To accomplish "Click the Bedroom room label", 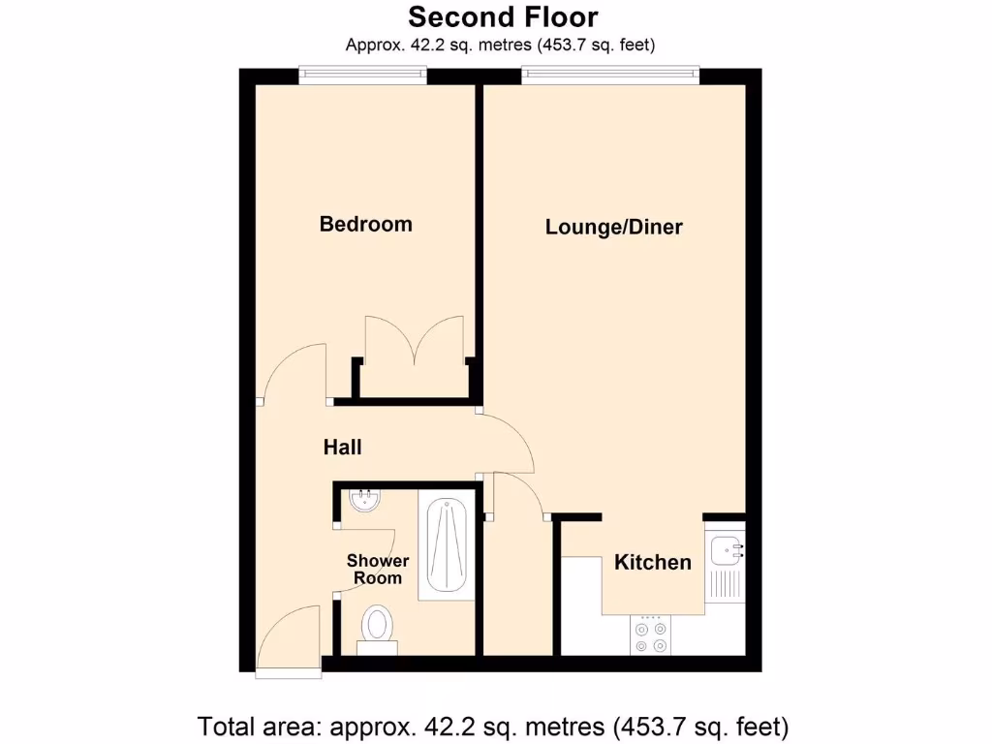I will [x=365, y=224].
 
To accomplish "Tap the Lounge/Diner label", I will [x=613, y=228].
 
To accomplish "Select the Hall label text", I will [x=342, y=447].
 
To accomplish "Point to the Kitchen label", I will [x=652, y=562].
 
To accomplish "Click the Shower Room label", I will [x=377, y=569].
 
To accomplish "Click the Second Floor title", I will [x=502, y=16].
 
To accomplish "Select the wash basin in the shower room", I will [x=364, y=502].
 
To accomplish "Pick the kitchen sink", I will [x=726, y=551].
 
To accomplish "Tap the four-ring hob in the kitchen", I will [x=650, y=635].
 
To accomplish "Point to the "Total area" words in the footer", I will [x=259, y=726].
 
